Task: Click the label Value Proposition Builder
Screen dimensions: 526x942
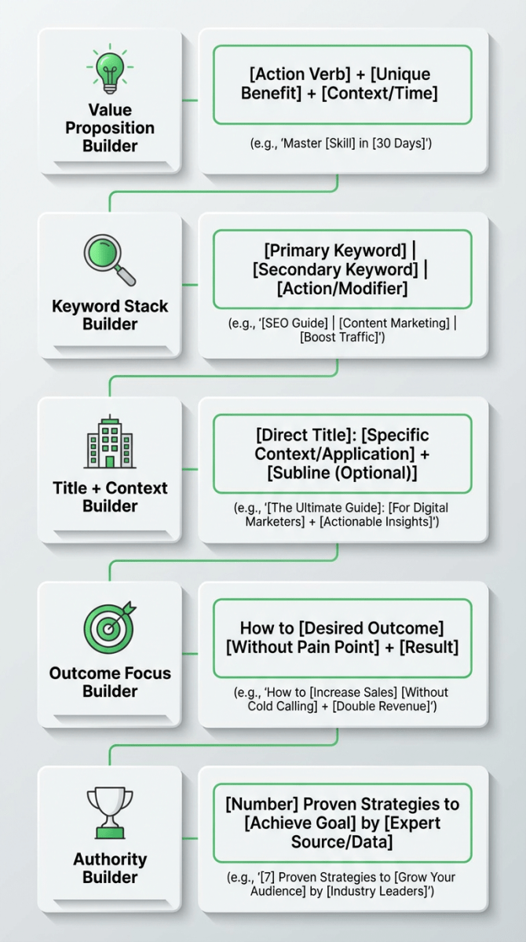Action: [x=110, y=128]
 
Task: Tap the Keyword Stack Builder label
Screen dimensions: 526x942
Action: [x=110, y=315]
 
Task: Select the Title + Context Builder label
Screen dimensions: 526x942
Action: [x=110, y=497]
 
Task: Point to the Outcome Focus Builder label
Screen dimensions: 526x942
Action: [x=110, y=682]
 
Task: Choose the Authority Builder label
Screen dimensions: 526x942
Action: [x=110, y=868]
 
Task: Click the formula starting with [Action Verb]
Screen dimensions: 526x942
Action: [x=342, y=85]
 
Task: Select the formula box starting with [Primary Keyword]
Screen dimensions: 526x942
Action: [x=342, y=269]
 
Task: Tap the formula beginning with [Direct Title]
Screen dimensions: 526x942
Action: [x=342, y=454]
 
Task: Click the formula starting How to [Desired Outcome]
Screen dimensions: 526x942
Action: [x=342, y=637]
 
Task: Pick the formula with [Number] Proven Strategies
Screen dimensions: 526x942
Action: [x=342, y=823]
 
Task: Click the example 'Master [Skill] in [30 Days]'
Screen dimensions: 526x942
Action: [x=342, y=144]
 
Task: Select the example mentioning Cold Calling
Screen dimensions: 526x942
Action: [x=342, y=699]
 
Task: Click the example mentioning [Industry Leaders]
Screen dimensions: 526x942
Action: [x=342, y=884]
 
